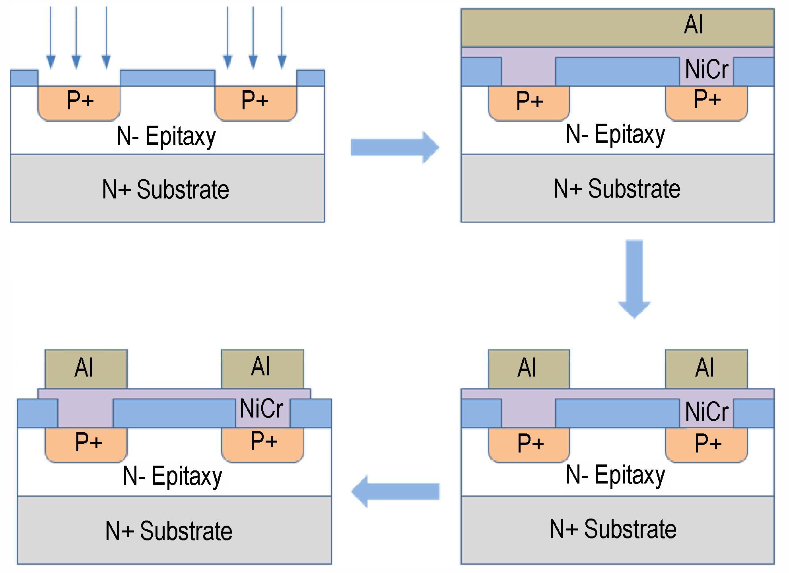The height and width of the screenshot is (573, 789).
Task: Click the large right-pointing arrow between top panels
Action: [394, 148]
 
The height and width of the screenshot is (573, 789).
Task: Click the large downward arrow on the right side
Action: [634, 279]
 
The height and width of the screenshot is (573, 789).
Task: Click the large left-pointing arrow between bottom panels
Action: [395, 491]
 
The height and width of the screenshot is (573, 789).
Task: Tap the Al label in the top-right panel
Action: [694, 25]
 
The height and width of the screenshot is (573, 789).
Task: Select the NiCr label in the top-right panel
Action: [707, 69]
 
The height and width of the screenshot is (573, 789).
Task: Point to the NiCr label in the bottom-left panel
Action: [261, 408]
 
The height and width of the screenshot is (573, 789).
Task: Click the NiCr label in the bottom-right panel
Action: [707, 411]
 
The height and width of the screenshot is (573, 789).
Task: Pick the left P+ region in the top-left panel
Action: [79, 103]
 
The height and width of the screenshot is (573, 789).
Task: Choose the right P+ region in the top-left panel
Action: [256, 103]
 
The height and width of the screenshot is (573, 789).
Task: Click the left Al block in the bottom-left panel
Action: [86, 369]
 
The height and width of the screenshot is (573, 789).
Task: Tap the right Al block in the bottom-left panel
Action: [262, 369]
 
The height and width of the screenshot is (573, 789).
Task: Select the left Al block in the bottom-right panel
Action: [529, 369]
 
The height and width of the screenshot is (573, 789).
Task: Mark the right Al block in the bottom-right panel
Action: [706, 369]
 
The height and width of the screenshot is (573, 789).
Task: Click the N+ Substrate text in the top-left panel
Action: [165, 189]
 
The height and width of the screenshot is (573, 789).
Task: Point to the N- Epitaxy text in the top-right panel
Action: [615, 134]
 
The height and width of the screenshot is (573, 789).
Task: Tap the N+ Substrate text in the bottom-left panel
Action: [169, 531]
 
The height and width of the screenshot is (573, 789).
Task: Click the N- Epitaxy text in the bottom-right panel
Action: [615, 475]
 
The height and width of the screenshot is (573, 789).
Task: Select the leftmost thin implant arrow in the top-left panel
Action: [51, 38]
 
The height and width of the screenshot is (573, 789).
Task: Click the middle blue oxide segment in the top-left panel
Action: [167, 78]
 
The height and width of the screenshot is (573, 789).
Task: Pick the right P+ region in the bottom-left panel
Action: [262, 445]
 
